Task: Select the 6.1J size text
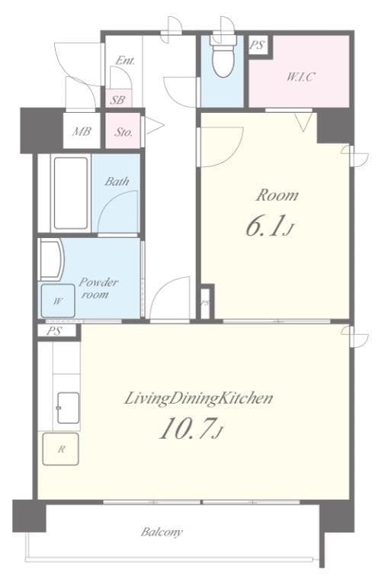pyautogui.click(x=268, y=227)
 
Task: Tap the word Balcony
pyautogui.click(x=162, y=532)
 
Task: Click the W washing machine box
pyautogui.click(x=58, y=301)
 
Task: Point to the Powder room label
pyautogui.click(x=98, y=288)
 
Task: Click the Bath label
pyautogui.click(x=117, y=182)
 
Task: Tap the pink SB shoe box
pyautogui.click(x=117, y=99)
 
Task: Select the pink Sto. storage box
pyautogui.click(x=124, y=132)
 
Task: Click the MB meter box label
pyautogui.click(x=82, y=132)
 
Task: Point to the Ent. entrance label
pyautogui.click(x=125, y=61)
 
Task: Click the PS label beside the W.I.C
pyautogui.click(x=257, y=45)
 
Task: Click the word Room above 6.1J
pyautogui.click(x=276, y=195)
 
